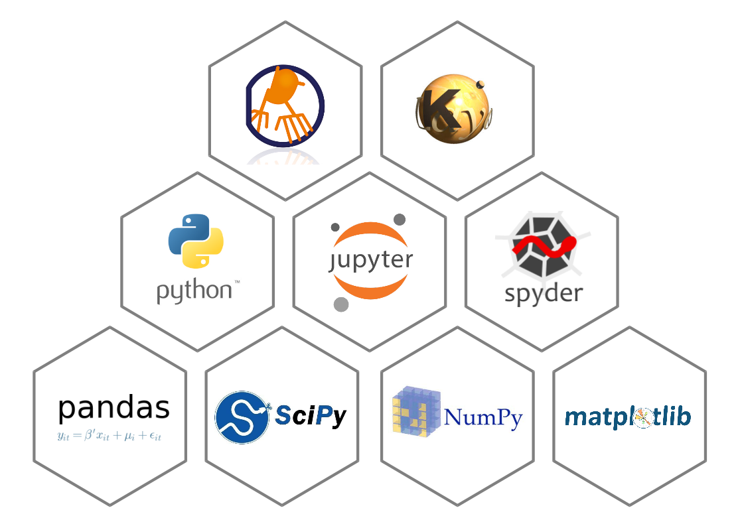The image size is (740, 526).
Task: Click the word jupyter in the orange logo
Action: (x=370, y=260)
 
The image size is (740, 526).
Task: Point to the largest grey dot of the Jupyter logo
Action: (x=341, y=304)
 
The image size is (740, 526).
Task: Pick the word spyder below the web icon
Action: (x=543, y=293)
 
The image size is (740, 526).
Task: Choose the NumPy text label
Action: (x=483, y=418)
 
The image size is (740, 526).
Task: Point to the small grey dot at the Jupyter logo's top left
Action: (x=335, y=227)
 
